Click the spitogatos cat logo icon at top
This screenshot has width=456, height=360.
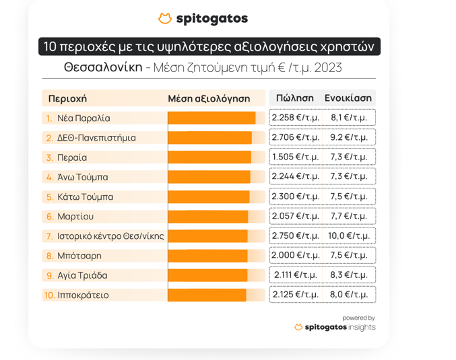coord(164,19)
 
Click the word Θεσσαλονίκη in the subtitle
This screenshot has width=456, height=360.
coord(103,67)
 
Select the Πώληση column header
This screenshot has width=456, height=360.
coord(294,98)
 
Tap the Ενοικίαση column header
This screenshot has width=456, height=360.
coord(348,98)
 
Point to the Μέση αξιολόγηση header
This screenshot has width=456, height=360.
coord(209,99)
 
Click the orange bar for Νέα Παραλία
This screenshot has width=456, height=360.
coord(211,118)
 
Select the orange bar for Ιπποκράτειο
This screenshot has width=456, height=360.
coord(207,295)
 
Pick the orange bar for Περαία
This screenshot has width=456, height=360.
coord(209,157)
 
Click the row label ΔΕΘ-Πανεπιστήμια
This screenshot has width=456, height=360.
coord(96,138)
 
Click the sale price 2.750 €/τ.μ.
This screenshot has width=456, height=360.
coord(295,236)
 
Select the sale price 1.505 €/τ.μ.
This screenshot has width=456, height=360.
coord(295,157)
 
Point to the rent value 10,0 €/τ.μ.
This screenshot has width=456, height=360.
coord(349,236)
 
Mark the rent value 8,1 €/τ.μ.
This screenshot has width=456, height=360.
coord(349,118)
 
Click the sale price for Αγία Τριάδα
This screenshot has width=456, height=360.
coord(296,275)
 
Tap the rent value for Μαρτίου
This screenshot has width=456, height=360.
coord(349,217)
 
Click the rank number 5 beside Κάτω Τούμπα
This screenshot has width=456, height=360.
coord(49,197)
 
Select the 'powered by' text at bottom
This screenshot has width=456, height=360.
coord(358,318)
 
